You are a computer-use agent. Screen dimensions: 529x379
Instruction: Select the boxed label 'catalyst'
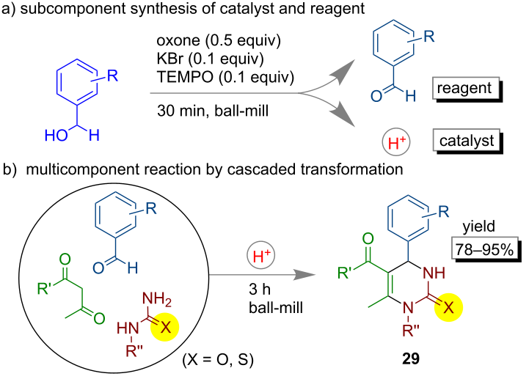click(x=467, y=141)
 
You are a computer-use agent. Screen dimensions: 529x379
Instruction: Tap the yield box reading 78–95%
click(x=484, y=250)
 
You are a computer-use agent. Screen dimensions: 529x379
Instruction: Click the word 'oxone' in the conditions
click(x=178, y=40)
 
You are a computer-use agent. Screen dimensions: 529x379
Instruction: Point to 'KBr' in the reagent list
click(x=170, y=59)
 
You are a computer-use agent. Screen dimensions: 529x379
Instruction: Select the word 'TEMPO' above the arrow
click(x=185, y=77)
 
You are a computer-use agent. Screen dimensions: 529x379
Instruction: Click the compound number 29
click(x=411, y=358)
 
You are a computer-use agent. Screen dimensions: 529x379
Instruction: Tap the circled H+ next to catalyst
click(x=396, y=142)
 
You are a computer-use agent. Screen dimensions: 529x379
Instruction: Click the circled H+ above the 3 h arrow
click(x=260, y=255)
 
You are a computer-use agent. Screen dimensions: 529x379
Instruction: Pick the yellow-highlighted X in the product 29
click(x=448, y=307)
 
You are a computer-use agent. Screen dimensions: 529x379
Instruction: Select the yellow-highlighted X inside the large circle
click(x=165, y=327)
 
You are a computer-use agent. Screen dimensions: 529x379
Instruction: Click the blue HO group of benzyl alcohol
click(x=56, y=136)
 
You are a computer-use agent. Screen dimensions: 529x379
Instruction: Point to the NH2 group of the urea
click(x=157, y=299)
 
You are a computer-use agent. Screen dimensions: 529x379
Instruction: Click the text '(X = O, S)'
click(x=218, y=359)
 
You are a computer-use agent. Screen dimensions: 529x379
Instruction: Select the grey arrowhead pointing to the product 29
click(x=304, y=275)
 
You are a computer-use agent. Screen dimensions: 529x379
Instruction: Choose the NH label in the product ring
click(x=434, y=273)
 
